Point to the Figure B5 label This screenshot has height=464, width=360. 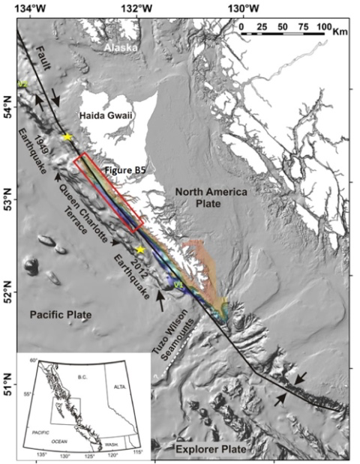pos(124,171)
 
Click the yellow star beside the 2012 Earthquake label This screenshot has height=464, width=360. pos(140,250)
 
